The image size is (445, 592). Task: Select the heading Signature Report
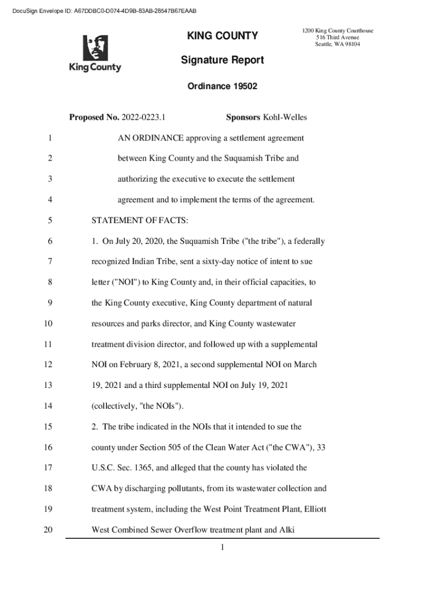(222, 60)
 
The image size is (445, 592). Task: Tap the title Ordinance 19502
(222, 87)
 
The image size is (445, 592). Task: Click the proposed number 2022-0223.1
(144, 118)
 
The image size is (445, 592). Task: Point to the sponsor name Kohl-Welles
(285, 118)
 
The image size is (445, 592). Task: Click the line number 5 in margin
(50, 220)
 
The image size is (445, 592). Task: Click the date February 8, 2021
(144, 365)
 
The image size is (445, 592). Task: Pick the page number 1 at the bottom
(222, 547)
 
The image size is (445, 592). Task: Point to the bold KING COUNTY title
(222, 36)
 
